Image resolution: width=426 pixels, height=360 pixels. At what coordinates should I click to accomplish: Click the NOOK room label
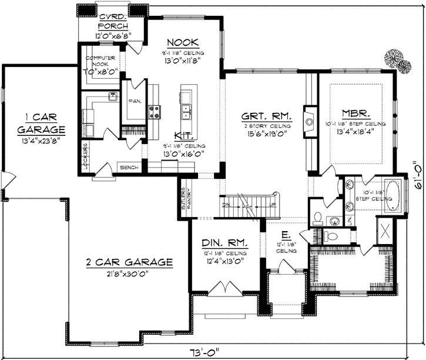[x=182, y=42]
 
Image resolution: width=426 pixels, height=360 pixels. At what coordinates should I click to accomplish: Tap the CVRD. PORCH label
[x=113, y=21]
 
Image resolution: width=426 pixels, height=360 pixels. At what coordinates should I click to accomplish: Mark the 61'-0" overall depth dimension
[x=418, y=177]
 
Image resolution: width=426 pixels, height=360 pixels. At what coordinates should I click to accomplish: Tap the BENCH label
[x=129, y=168]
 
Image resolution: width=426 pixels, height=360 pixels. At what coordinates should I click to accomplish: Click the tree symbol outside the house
[x=397, y=61]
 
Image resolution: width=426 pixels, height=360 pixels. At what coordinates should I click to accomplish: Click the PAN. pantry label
[x=134, y=101]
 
